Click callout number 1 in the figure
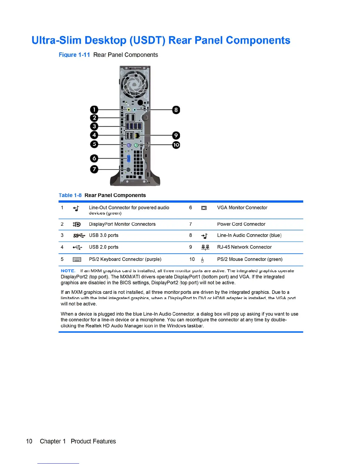click(94, 110)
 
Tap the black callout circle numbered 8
click(176, 110)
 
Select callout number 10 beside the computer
click(176, 145)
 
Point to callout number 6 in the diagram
click(94, 158)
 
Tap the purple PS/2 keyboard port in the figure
click(129, 145)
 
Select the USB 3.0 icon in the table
click(79, 236)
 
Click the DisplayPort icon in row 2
click(76, 224)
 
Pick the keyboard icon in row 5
click(77, 259)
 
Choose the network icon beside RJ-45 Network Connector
click(205, 247)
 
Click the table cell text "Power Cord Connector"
click(241, 224)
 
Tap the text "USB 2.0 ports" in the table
click(104, 247)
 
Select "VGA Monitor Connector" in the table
click(242, 208)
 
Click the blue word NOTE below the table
click(68, 271)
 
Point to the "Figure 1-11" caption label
click(74, 55)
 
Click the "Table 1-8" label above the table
click(70, 195)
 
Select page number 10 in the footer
click(29, 441)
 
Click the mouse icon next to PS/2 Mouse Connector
click(202, 260)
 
